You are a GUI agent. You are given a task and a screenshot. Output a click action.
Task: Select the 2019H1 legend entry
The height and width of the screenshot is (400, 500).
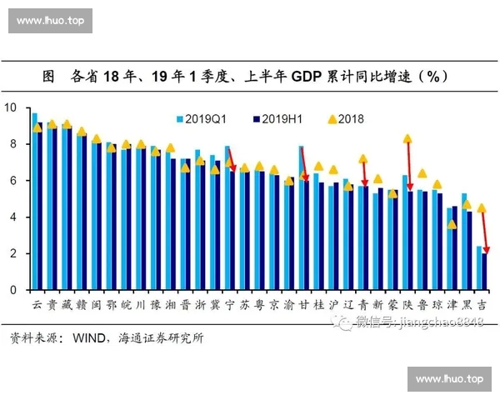(x=276, y=119)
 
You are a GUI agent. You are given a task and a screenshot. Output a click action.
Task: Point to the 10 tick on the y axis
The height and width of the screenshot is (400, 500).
(x=11, y=107)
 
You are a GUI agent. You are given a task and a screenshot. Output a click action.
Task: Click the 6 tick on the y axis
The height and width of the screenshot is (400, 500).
(x=13, y=181)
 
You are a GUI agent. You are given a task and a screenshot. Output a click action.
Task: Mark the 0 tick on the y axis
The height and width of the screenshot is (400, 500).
(x=13, y=291)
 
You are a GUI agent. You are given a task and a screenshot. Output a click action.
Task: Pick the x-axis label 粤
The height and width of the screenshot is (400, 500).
(x=258, y=305)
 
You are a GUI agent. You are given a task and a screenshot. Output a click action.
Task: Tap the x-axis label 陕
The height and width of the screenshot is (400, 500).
(x=407, y=305)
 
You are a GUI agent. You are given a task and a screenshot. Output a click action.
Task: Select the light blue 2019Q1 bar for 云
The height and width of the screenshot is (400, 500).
(x=33, y=201)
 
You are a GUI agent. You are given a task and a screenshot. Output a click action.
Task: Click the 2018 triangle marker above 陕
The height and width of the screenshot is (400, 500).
(x=407, y=139)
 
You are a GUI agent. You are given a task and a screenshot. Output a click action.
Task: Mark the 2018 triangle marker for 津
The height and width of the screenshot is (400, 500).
(x=452, y=224)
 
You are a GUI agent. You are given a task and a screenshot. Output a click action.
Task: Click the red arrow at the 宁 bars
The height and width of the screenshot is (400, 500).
(x=232, y=160)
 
